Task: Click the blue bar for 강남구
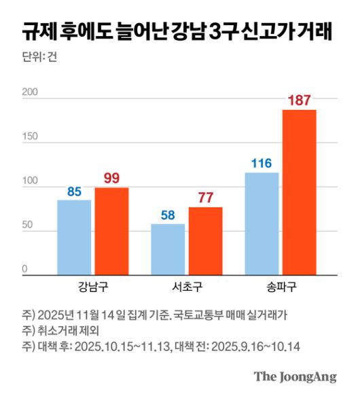74,237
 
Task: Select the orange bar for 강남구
111,231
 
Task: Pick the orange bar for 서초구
205,240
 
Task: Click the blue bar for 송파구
262,223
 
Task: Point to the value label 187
300,101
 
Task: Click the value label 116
262,164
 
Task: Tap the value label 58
168,215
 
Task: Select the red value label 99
111,179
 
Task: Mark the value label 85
74,192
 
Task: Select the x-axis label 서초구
186,285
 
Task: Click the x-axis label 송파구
281,285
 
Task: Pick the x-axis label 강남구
92,285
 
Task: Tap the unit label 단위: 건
39,58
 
